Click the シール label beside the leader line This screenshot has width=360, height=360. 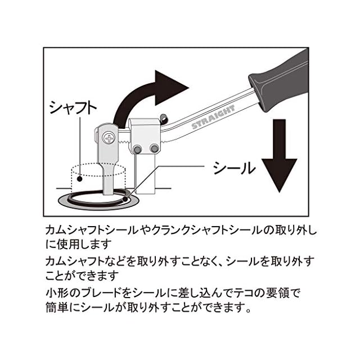click(x=234, y=168)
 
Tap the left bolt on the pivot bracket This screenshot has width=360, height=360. click(x=137, y=148)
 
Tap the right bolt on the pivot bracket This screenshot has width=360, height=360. click(x=154, y=148)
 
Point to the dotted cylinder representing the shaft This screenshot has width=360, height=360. click(x=93, y=177)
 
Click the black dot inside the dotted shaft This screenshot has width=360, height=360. click(x=80, y=178)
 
